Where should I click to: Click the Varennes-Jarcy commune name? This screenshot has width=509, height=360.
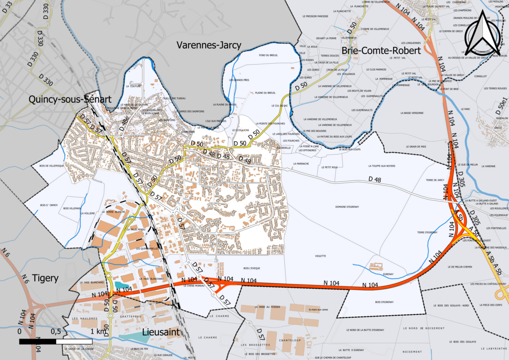(x=209, y=45)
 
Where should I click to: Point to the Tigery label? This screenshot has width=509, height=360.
(x=45, y=278)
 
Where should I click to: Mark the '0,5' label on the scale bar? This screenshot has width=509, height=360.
(x=56, y=331)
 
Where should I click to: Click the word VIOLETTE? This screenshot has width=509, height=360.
(x=321, y=256)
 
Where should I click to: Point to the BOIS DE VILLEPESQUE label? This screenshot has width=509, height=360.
(x=46, y=166)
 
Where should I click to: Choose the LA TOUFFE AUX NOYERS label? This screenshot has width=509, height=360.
(x=382, y=166)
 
